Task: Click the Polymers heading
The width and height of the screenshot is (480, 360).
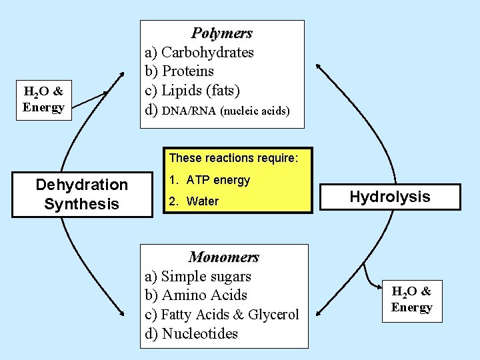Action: click(x=222, y=33)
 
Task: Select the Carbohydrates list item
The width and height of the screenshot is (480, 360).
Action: click(x=207, y=52)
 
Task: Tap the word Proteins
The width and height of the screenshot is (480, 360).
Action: click(x=188, y=71)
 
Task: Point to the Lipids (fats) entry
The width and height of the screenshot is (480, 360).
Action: click(x=201, y=89)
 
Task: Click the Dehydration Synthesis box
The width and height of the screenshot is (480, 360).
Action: click(x=81, y=194)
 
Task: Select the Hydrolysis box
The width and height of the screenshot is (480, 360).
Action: click(x=390, y=197)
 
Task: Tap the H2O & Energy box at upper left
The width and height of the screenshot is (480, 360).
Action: click(x=43, y=99)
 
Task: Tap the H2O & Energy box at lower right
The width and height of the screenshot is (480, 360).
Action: click(x=411, y=299)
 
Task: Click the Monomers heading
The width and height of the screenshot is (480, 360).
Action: click(x=223, y=257)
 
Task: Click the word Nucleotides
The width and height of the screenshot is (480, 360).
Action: click(x=199, y=334)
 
